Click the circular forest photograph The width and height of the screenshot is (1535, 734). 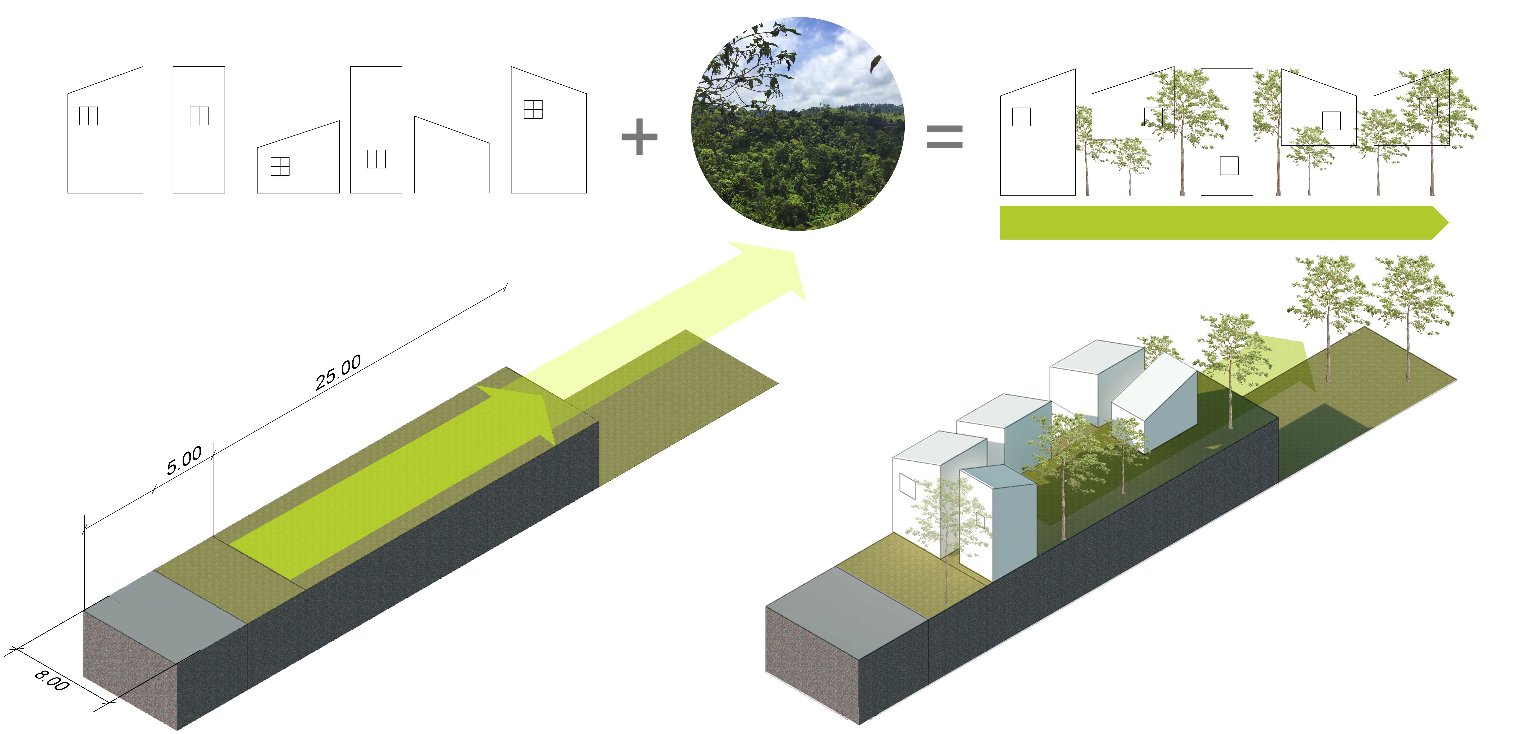(x=797, y=123)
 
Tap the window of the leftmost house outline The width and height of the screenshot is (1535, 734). (x=88, y=116)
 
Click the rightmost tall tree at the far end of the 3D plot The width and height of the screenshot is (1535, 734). (x=1409, y=310)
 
